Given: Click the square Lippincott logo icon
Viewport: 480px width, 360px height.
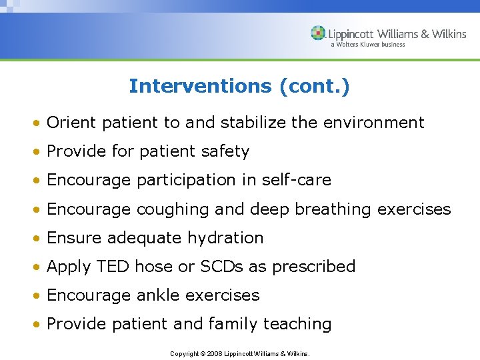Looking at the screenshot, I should [318, 33].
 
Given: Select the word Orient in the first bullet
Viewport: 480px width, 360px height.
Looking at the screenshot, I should [72, 123].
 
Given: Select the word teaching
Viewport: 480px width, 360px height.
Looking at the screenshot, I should [297, 324].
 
